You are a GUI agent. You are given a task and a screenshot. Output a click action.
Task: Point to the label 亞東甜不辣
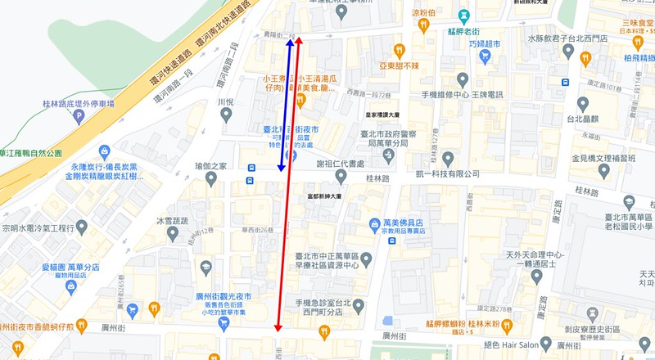coord(399,65)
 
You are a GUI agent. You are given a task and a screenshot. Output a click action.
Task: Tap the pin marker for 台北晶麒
coord(583,104)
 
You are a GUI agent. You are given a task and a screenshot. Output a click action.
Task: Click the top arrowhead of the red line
coord(299,38)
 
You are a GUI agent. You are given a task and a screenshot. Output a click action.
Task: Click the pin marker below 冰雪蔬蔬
coord(173,235)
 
